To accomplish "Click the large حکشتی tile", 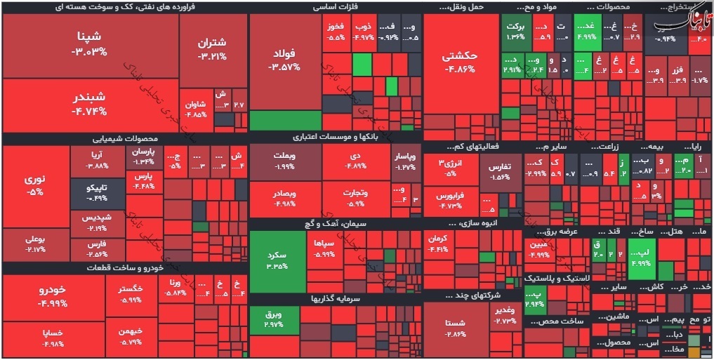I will [x=460, y=62].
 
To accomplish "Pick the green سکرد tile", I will [x=277, y=260].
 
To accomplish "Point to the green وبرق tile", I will [x=273, y=320].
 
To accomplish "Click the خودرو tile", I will [x=53, y=296].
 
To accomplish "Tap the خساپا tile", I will [x=53, y=338].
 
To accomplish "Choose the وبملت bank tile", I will [x=284, y=162].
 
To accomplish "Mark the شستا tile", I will [x=456, y=326].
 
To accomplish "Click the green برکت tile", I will [x=516, y=31].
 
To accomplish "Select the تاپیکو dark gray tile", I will [x=97, y=193].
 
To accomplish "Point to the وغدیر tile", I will [x=505, y=315].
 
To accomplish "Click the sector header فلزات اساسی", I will [x=335, y=7].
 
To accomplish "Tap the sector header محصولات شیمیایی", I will [x=126, y=138].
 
